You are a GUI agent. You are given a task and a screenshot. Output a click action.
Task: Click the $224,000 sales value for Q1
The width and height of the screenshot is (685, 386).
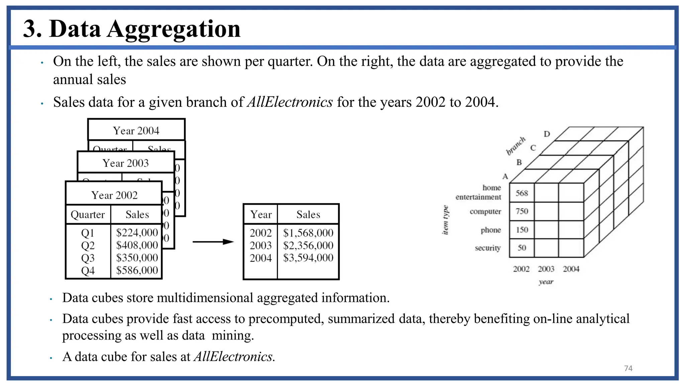(137, 233)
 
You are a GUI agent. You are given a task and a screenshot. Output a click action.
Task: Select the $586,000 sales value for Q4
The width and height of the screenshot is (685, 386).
(137, 270)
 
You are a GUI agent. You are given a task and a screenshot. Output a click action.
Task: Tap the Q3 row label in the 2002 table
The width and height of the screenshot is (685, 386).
(88, 258)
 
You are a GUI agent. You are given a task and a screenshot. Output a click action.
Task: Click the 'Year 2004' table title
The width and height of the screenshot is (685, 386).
(136, 131)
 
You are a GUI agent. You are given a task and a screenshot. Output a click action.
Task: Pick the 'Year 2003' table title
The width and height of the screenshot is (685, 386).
(125, 163)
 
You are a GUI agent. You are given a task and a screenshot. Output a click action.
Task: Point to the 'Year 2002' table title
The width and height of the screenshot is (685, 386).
(114, 195)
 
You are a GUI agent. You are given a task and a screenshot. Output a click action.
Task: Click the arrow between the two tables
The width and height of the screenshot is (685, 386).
(213, 242)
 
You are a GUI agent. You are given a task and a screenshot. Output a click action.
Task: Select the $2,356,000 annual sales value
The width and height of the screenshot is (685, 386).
(308, 245)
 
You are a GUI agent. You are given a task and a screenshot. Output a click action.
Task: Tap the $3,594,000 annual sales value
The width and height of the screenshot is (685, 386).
(308, 258)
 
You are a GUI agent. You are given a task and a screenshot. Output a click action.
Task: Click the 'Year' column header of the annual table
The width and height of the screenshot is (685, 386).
(261, 214)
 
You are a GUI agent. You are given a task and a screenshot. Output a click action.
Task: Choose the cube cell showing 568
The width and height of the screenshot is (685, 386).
(522, 193)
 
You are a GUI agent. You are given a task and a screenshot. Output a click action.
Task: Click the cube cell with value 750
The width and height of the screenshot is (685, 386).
(522, 211)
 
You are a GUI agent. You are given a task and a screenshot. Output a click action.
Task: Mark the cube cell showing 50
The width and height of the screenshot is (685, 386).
(522, 248)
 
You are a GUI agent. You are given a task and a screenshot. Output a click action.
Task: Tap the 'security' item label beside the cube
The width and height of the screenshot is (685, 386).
(488, 248)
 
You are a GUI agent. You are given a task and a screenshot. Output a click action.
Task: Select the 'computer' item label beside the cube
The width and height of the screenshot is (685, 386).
(485, 211)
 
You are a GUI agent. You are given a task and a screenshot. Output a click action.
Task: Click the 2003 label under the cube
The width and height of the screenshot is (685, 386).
(546, 269)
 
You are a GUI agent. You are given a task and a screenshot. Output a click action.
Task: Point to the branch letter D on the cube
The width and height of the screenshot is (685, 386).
(547, 134)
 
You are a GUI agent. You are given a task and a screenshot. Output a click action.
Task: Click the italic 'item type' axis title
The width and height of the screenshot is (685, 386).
(445, 220)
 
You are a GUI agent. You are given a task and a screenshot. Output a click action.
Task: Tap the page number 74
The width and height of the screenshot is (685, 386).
(628, 368)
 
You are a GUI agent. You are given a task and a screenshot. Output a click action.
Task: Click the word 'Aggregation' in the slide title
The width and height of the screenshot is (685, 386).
(174, 29)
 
